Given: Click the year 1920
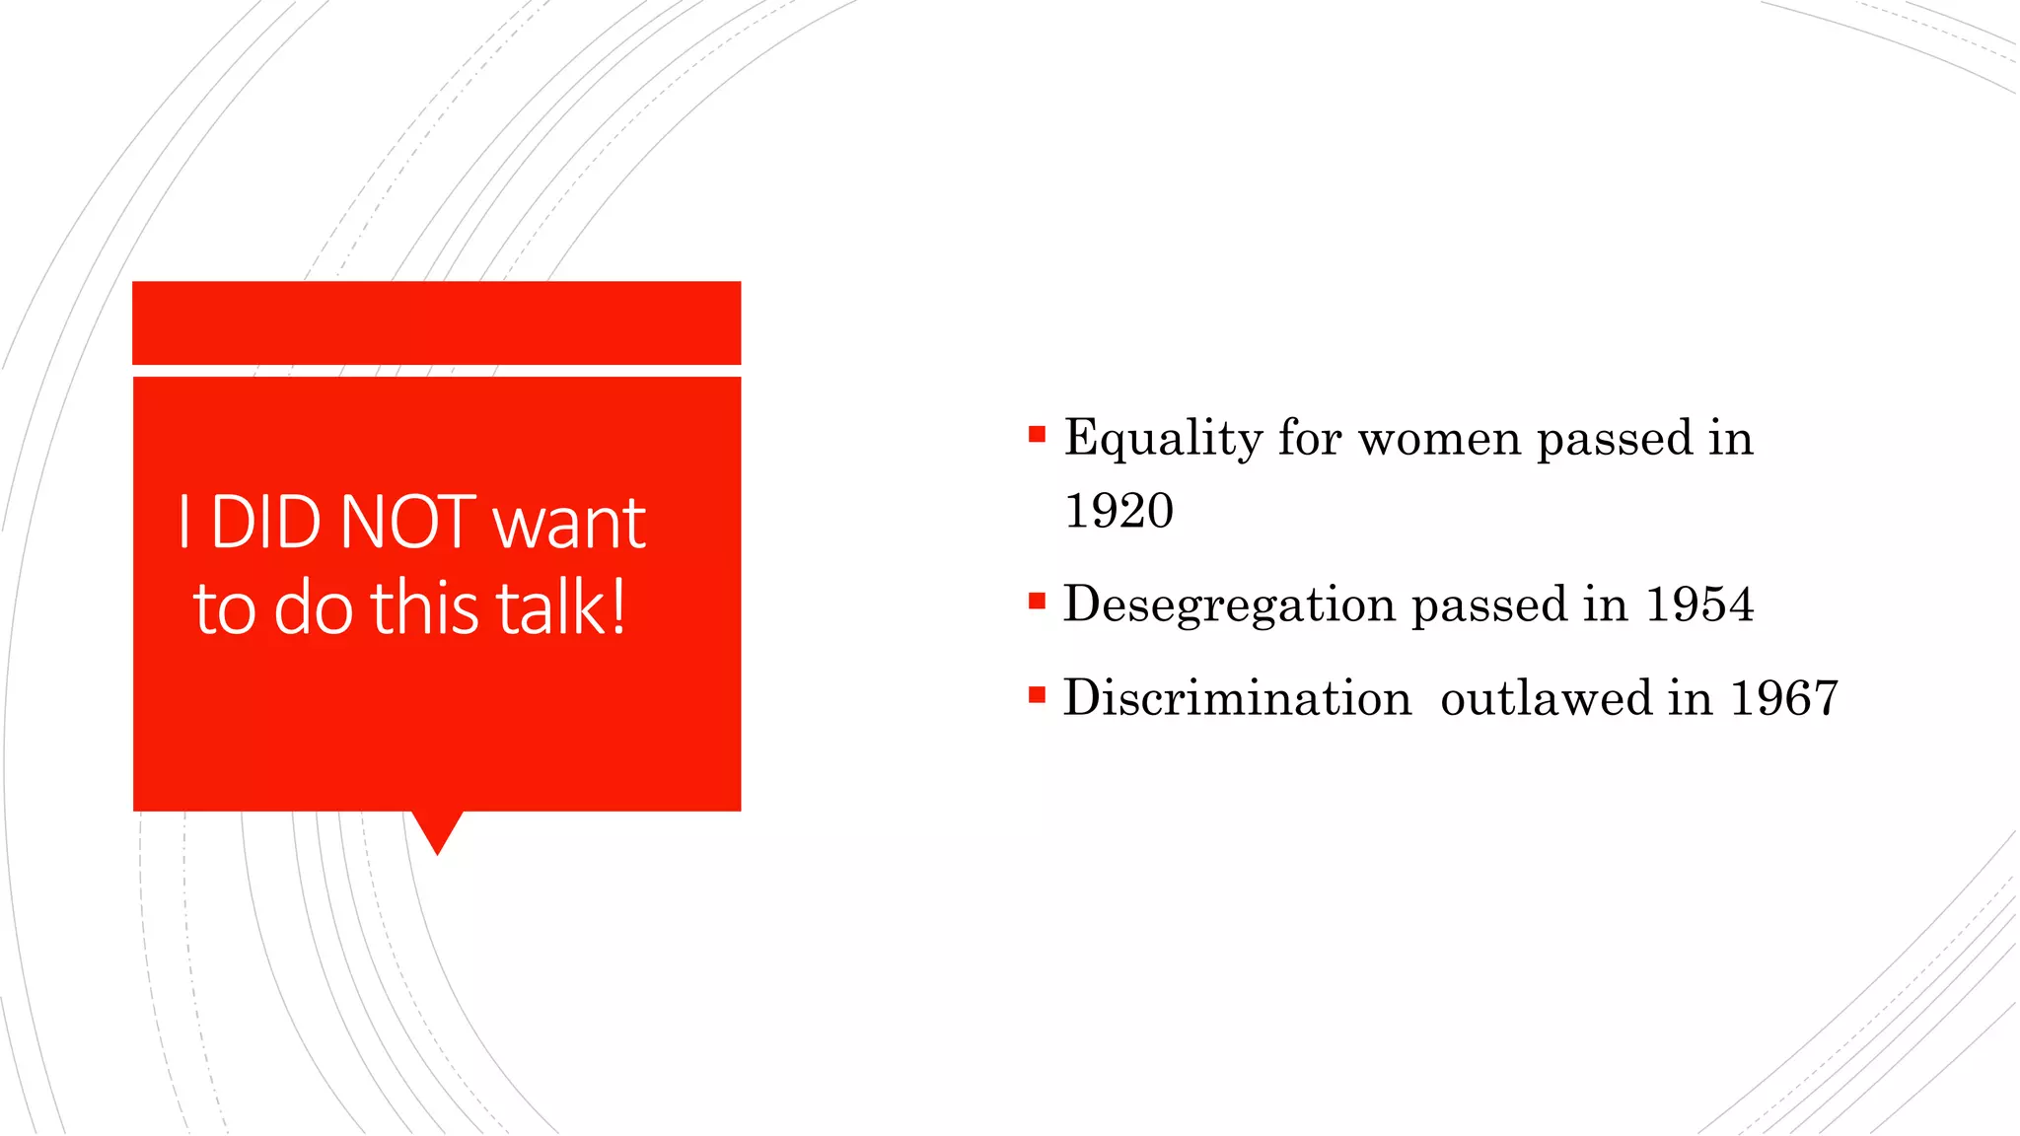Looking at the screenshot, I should (x=1118, y=511).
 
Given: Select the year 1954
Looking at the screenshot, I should (x=1699, y=604).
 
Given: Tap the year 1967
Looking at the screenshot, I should (x=1784, y=698).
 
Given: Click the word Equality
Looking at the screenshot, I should (x=1163, y=439).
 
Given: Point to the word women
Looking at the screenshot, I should (x=1439, y=439).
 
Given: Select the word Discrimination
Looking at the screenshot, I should (x=1237, y=698).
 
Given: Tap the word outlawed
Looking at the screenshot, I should (x=1546, y=698).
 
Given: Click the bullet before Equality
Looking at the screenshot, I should (x=1036, y=434).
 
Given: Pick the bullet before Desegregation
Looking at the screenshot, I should (x=1036, y=601).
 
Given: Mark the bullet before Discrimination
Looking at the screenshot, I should (x=1036, y=695).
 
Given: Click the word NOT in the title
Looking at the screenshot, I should (x=407, y=522).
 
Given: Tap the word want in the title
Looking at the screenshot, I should (x=569, y=524).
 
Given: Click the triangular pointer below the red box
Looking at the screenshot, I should (x=437, y=830).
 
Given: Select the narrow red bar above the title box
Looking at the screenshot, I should (x=436, y=322).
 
